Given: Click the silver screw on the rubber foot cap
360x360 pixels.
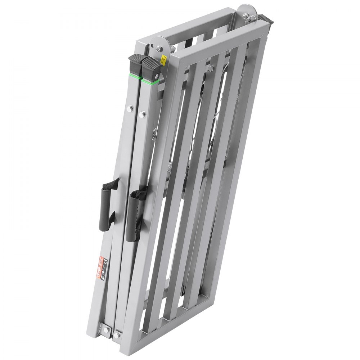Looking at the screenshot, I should pyautogui.click(x=157, y=76).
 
